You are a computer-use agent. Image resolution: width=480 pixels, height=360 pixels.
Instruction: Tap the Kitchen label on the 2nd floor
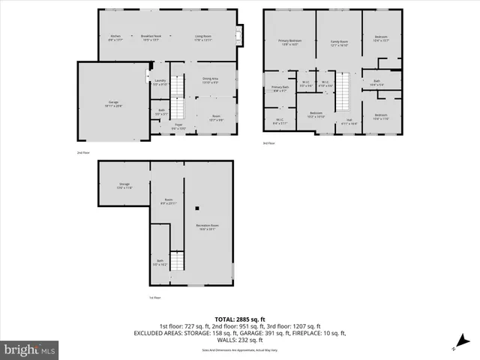(115, 37)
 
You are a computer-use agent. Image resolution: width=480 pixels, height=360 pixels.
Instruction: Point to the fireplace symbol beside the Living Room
(239, 34)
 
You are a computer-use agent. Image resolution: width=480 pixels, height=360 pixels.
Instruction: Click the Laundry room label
(160, 82)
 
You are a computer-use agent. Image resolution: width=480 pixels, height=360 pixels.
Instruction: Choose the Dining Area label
(210, 79)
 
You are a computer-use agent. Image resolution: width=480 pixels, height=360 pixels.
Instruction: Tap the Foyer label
(178, 127)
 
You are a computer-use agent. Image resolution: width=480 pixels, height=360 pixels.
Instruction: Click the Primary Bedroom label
(290, 43)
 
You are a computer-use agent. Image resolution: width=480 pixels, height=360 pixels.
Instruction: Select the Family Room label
(339, 43)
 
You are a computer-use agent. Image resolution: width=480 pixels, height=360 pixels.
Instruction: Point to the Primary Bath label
(279, 89)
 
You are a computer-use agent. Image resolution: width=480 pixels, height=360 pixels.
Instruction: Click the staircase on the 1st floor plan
(177, 262)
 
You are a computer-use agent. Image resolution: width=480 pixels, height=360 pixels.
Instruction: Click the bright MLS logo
(30, 349)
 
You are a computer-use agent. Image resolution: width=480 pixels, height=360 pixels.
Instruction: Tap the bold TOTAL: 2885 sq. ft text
(239, 319)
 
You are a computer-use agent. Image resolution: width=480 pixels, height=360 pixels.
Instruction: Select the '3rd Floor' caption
(268, 143)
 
